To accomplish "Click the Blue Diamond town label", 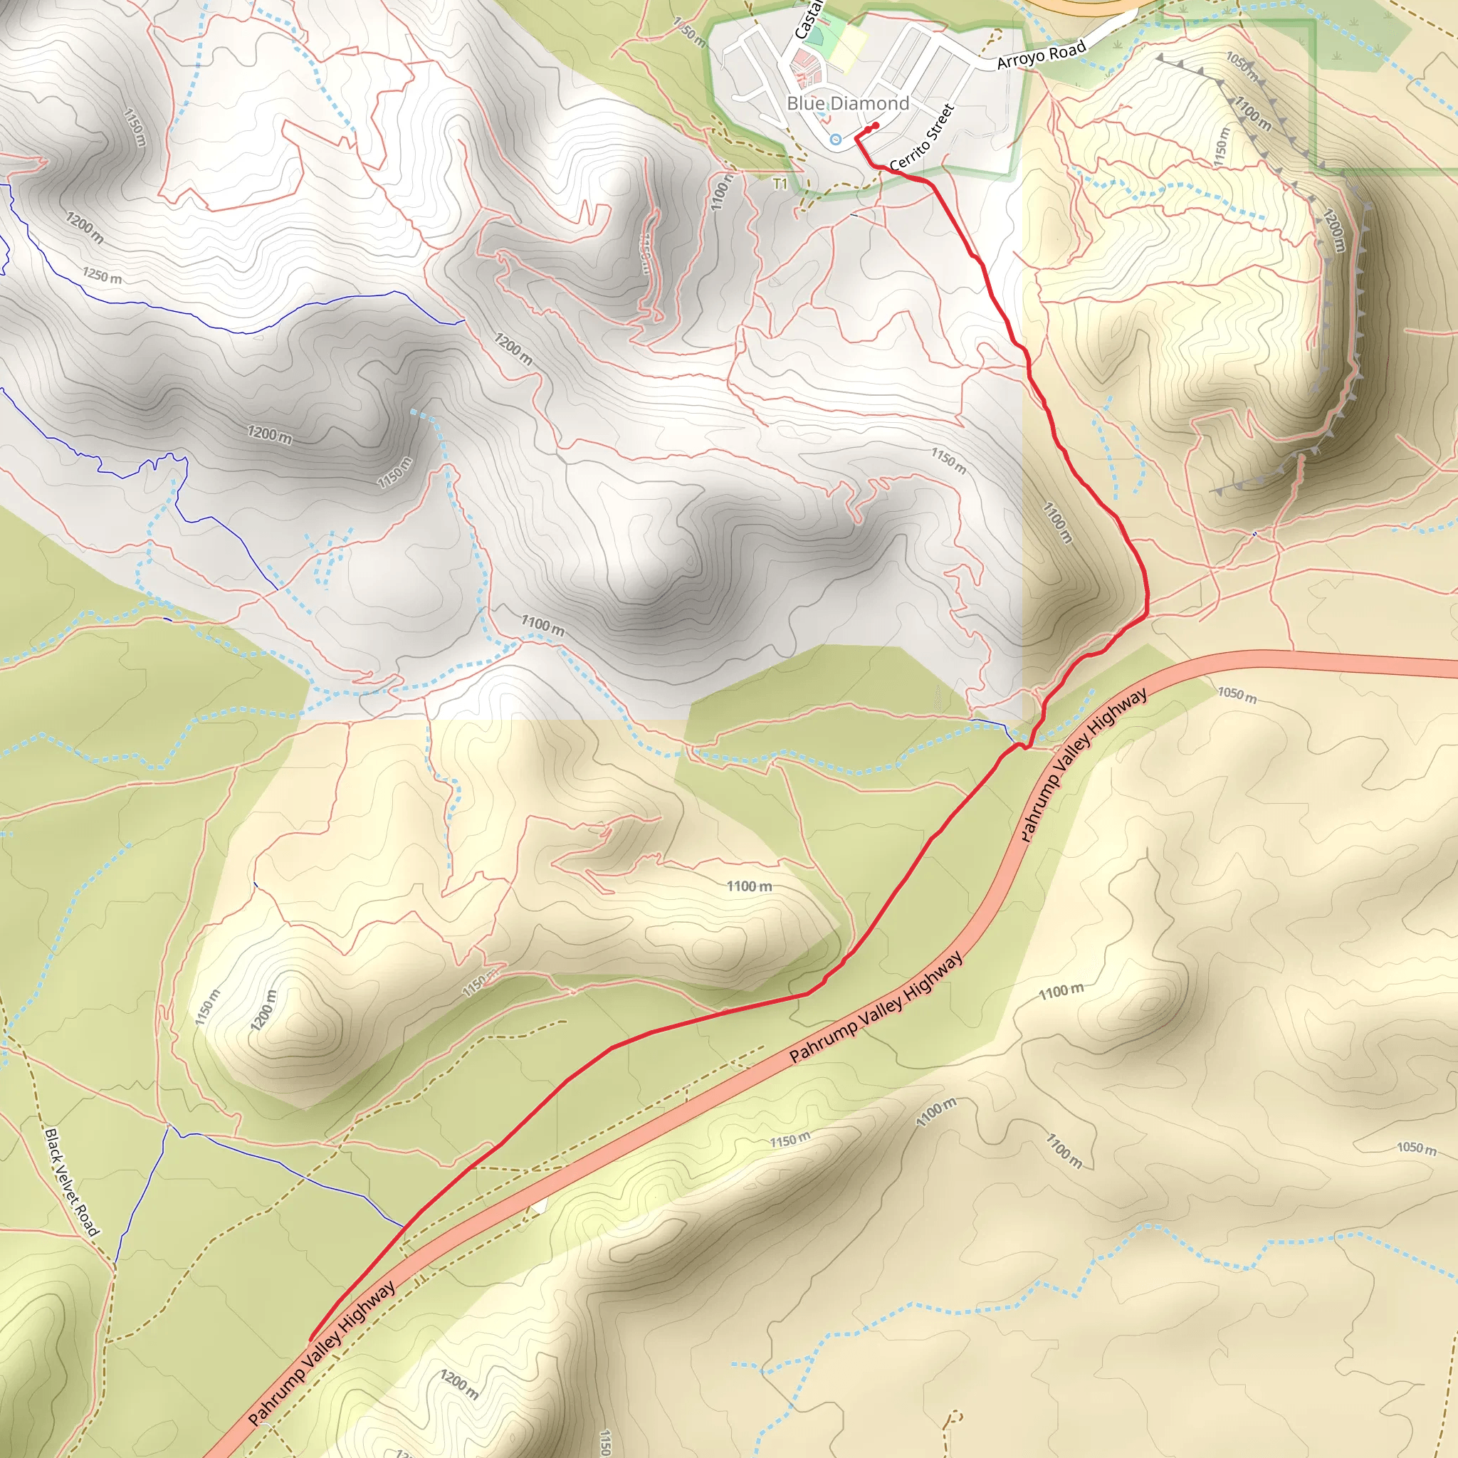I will click(847, 103).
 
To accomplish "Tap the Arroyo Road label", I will click(1041, 55).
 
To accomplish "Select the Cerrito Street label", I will click(922, 137).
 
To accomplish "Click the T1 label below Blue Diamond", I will click(780, 184).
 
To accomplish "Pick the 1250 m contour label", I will click(102, 276).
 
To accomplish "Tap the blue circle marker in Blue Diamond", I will click(835, 139).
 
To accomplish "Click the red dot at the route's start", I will click(876, 125).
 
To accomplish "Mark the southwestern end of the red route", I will click(311, 1340).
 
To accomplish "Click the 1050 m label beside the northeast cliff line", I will click(1242, 66).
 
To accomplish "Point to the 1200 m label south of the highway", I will click(459, 1385).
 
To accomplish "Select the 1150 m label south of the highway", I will click(790, 1140).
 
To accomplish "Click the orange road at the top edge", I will click(1086, 6).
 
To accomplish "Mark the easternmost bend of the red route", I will click(1146, 596).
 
